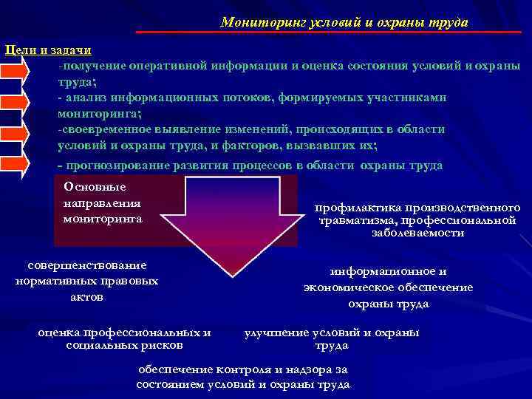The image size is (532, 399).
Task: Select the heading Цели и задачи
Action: tap(48, 50)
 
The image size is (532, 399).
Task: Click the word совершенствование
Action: tap(87, 265)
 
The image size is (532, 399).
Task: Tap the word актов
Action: tap(86, 296)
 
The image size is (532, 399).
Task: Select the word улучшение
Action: tap(276, 332)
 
